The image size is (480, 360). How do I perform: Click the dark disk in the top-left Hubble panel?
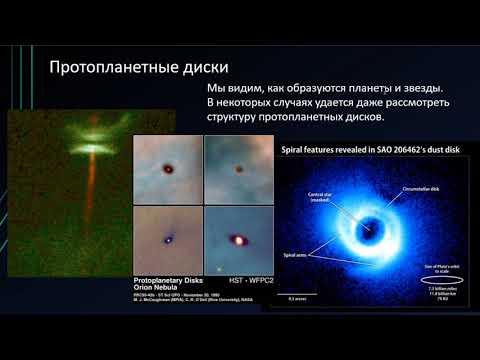(167, 168)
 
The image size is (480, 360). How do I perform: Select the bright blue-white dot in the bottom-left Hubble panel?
(168, 240)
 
